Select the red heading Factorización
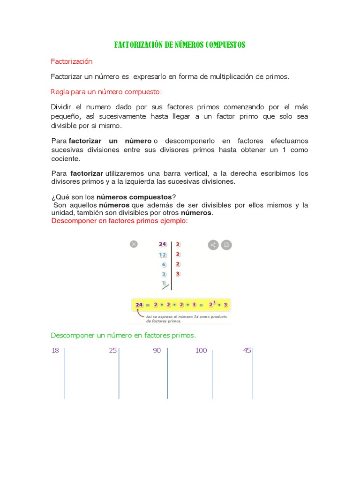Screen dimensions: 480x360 pos(72,61)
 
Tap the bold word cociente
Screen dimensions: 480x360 pos(65,159)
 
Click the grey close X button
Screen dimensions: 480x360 pos(134,244)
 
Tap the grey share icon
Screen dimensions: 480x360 pos(213,244)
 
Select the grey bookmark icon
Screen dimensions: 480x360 pos(226,244)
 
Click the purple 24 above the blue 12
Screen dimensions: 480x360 pos(162,244)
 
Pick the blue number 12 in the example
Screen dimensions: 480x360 pos(162,255)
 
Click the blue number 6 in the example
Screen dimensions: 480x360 pos(164,264)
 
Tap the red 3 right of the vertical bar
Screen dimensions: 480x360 pos(178,274)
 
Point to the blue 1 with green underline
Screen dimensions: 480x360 pos(164,284)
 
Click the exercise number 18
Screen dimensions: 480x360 pos(55,351)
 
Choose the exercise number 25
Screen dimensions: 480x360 pos(112,351)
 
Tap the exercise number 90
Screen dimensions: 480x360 pos(157,351)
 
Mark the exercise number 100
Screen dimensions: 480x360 pos(201,351)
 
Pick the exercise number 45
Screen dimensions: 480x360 pos(247,351)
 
